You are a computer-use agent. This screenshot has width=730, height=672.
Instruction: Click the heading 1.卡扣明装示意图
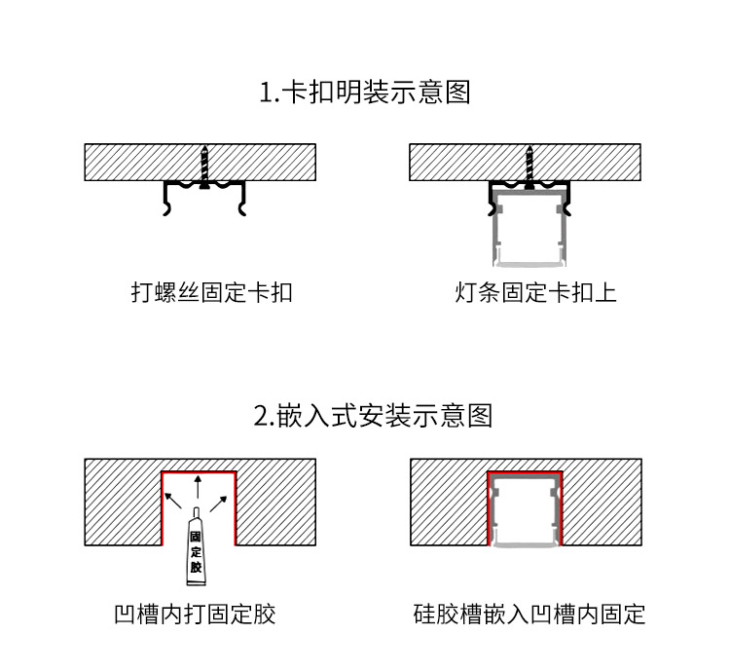click(x=365, y=92)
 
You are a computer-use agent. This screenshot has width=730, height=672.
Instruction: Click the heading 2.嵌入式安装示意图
click(x=373, y=416)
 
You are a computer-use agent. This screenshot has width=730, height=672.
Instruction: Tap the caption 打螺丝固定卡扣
click(x=212, y=292)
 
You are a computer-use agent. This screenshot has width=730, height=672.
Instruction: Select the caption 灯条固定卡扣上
click(x=536, y=292)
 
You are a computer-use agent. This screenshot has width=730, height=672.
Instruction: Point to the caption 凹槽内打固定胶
click(x=195, y=615)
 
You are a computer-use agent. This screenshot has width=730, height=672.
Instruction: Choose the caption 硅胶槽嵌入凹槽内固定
click(x=529, y=615)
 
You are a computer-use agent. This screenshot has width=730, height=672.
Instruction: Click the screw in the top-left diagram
click(x=204, y=168)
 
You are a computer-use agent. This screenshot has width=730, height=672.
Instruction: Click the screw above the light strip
click(x=529, y=168)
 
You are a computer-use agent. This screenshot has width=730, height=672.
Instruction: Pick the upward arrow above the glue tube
click(x=198, y=487)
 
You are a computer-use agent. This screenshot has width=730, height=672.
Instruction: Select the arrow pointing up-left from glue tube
click(x=173, y=501)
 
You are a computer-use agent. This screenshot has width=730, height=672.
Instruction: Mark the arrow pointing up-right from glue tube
click(x=219, y=504)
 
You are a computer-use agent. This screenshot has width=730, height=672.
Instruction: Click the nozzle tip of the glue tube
click(x=197, y=508)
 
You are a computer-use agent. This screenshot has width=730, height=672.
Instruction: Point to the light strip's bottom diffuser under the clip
click(x=529, y=264)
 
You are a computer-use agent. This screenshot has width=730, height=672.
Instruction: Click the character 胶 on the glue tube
click(x=196, y=567)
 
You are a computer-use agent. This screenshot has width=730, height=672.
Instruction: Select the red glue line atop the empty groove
click(x=199, y=472)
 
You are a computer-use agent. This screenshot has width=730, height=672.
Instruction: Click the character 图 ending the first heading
click(x=457, y=92)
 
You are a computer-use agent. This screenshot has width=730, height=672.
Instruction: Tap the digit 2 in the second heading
click(x=260, y=416)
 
